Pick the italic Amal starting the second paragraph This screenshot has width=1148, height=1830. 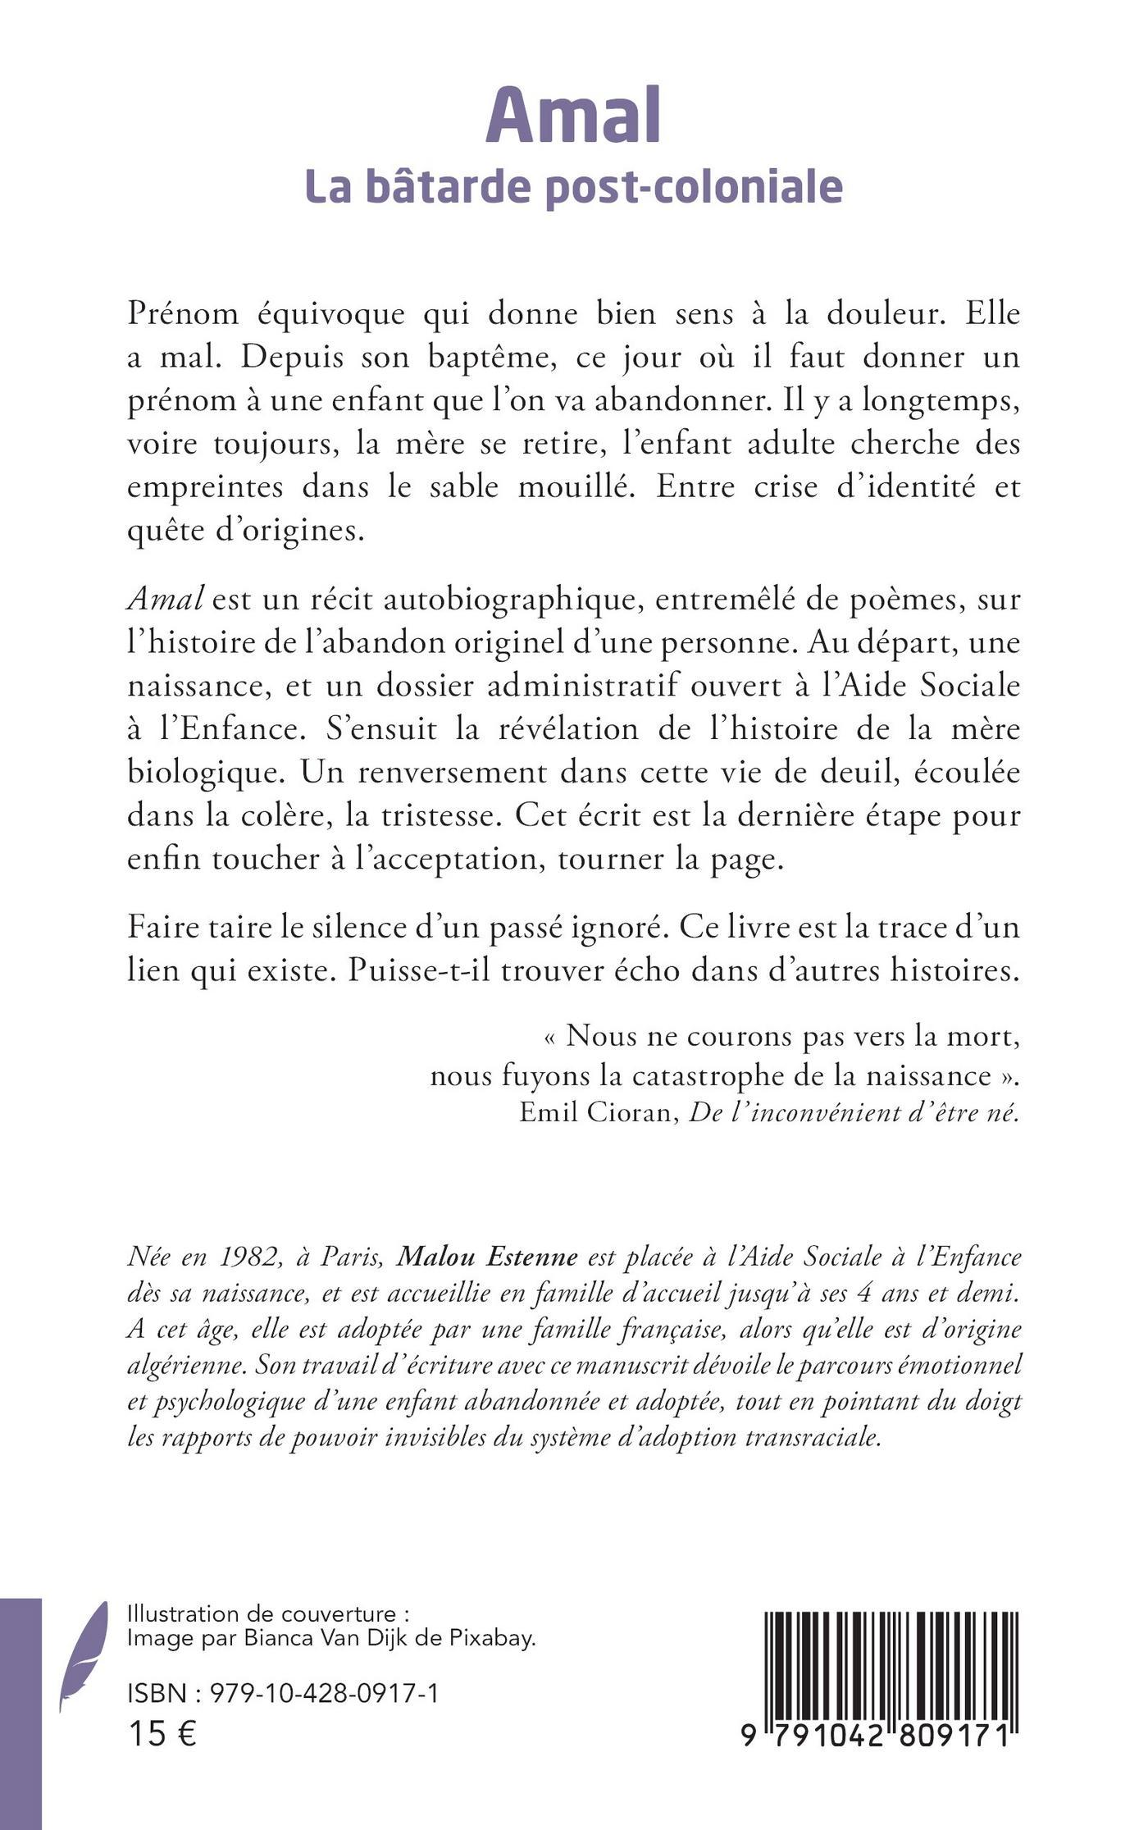(x=165, y=599)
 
